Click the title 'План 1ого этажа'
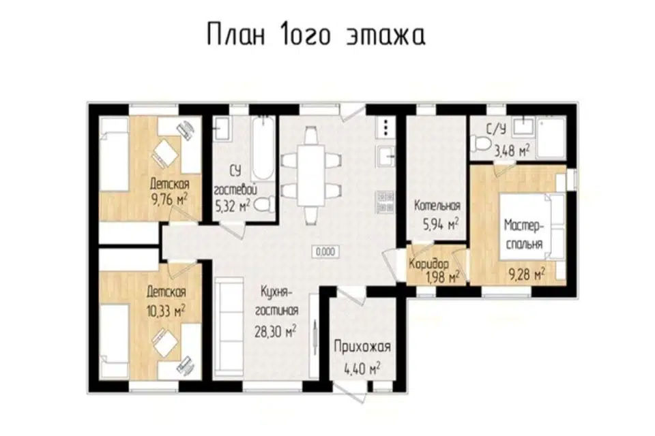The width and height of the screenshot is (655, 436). (x=316, y=34)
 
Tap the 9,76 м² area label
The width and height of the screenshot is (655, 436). (x=170, y=200)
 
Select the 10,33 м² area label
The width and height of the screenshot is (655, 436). (x=166, y=310)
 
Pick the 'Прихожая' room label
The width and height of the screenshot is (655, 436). (x=362, y=347)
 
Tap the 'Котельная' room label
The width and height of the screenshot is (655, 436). (x=437, y=206)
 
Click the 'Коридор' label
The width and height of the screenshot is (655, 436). (x=429, y=264)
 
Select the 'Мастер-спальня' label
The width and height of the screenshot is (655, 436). (x=524, y=234)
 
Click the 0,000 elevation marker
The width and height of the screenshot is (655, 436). (x=325, y=251)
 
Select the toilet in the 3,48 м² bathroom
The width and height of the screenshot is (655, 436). (x=481, y=144)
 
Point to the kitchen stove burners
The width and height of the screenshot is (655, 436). (x=385, y=202)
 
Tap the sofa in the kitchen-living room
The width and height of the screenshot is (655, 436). (x=229, y=328)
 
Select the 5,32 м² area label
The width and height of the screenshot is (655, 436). (x=233, y=206)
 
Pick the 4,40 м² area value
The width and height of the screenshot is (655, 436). (x=362, y=369)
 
